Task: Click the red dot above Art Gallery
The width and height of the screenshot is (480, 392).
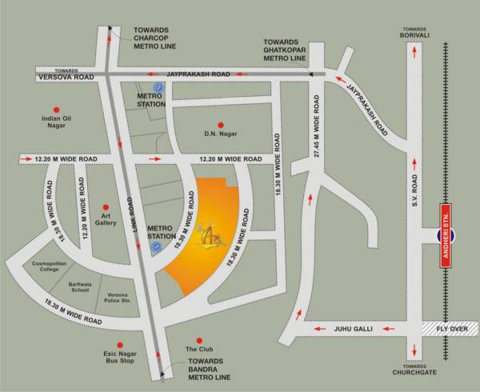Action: tap(104, 206)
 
